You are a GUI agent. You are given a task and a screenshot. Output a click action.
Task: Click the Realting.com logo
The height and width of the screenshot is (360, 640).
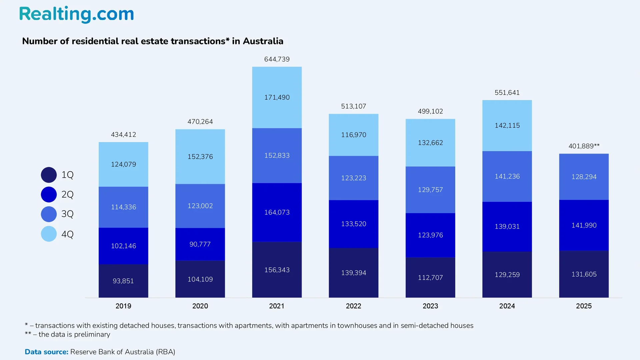[76, 14]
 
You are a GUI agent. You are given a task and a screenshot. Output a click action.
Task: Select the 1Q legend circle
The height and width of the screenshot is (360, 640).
[49, 175]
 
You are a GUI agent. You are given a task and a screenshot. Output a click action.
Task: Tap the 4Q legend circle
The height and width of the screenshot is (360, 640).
[49, 234]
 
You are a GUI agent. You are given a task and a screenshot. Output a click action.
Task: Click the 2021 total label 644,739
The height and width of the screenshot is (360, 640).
[277, 59]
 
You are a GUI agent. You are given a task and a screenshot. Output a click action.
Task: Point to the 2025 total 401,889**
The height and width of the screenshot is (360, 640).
[584, 146]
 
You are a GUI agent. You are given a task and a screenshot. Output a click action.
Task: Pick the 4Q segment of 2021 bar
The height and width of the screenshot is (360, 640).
[277, 97]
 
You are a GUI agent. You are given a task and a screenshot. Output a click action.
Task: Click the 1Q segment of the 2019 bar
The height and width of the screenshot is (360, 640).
[123, 281]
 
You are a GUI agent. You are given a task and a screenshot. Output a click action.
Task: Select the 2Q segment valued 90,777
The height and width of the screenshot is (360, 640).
[200, 244]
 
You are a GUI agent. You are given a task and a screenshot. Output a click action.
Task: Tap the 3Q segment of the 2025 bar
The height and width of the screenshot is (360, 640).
[584, 177]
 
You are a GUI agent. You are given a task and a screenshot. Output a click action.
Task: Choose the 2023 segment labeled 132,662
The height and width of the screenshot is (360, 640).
[430, 143]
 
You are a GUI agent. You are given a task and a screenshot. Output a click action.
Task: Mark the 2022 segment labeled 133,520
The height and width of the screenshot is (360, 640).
[353, 224]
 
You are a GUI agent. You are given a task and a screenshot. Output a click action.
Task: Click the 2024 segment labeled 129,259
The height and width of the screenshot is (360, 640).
[507, 275]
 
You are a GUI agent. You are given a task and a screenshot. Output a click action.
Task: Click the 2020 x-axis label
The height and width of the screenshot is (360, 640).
[200, 306]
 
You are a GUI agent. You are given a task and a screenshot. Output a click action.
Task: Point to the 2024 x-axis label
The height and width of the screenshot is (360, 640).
[507, 306]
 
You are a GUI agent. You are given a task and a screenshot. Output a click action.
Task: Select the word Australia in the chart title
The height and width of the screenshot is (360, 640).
[263, 41]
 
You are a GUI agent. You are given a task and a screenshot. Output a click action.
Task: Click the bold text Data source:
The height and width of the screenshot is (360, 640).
[46, 352]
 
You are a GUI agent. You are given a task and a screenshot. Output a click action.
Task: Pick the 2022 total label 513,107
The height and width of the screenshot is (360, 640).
[353, 106]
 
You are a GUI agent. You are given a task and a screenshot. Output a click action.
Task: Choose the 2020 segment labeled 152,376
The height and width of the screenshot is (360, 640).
[200, 157]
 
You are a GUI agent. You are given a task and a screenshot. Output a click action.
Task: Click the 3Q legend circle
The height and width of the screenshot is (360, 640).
[49, 214]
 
